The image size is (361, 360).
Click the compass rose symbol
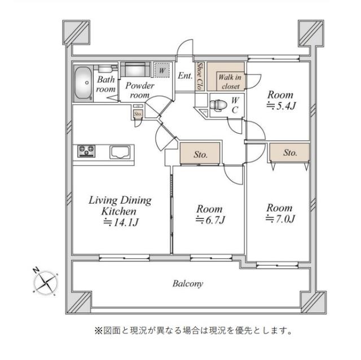click(x=46, y=282)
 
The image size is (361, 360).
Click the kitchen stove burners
click(x=87, y=151)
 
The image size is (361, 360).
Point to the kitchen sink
click(x=120, y=152)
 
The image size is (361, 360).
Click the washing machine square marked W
click(x=162, y=71)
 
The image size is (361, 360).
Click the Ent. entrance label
click(x=184, y=76)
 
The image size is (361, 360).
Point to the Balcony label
click(x=188, y=284)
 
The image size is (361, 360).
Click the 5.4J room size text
click(x=279, y=106)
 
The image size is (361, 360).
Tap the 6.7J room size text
click(x=210, y=219)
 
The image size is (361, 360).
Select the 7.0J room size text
click(x=281, y=218)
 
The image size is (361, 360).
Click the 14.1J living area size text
click(x=121, y=222)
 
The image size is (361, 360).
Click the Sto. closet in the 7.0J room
click(x=289, y=152)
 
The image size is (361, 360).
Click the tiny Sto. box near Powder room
click(x=138, y=113)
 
